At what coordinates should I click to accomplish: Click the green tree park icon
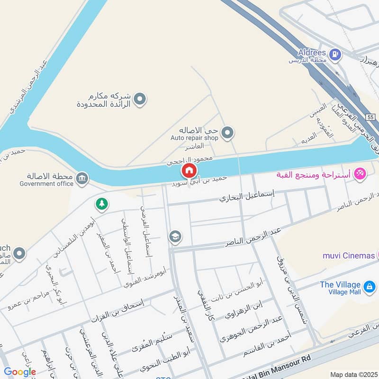point(101,204)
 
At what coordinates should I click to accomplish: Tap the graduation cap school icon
point(175,236)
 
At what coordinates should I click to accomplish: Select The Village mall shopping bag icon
point(369,286)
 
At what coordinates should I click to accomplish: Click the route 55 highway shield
point(370,117)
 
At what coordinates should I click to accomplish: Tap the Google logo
point(20,372)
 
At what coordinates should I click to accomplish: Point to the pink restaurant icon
point(360,174)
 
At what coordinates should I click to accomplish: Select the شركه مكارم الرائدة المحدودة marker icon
point(139,99)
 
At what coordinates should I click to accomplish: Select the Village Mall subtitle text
point(340,293)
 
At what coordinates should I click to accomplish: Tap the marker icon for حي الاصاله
point(227,133)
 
